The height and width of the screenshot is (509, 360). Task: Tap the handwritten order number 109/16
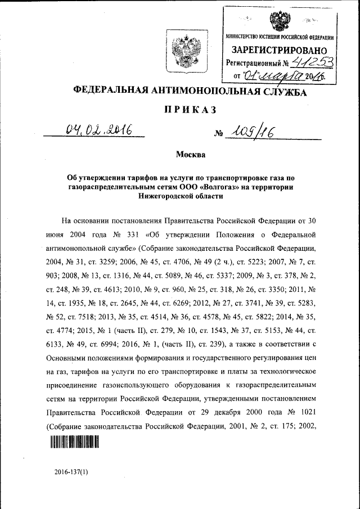click(x=249, y=133)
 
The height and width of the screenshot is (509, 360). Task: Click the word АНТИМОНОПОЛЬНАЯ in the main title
click(x=208, y=92)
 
